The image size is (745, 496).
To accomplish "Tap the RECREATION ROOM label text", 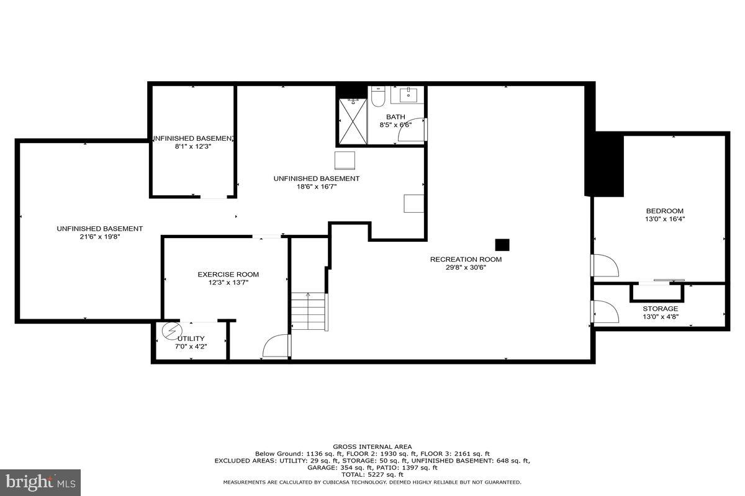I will (x=466, y=259).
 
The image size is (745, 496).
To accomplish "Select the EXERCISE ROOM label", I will (x=228, y=274).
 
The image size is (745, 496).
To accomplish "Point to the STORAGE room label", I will (x=660, y=308).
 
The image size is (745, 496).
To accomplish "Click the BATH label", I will (x=395, y=117).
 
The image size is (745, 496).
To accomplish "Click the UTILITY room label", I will (x=191, y=339).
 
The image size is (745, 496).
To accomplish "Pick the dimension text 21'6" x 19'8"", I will (x=99, y=236).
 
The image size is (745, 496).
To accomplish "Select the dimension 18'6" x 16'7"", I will (x=316, y=186).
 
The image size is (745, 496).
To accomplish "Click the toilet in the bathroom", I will (x=379, y=96).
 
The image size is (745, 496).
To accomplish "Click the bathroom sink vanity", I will (x=408, y=95).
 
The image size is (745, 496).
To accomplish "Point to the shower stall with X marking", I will (x=352, y=120).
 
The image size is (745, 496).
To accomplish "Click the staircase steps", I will (x=309, y=312).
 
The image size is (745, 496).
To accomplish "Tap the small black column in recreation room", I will (x=502, y=244).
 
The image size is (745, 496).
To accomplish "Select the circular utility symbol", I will (x=169, y=332).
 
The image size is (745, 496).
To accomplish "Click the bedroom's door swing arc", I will (x=606, y=265).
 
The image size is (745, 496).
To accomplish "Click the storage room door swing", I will (x=606, y=311).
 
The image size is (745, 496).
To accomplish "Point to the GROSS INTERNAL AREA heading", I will (x=372, y=446).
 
